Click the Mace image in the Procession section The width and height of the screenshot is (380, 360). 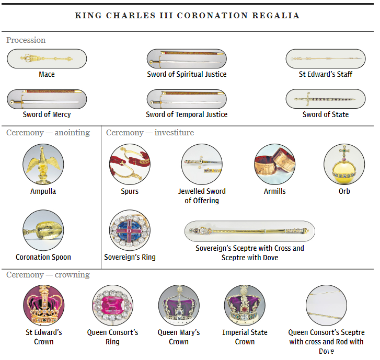(x=47, y=59)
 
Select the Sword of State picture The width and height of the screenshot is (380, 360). (x=326, y=99)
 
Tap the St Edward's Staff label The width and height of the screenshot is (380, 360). (x=326, y=74)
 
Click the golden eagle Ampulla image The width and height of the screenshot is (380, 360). (x=43, y=164)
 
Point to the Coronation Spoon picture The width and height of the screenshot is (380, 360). (x=43, y=230)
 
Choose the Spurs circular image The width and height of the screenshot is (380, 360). (x=130, y=164)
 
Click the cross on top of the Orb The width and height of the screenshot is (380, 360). (x=344, y=151)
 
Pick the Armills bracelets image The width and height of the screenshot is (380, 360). (x=274, y=164)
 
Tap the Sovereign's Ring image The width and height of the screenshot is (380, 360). (x=130, y=230)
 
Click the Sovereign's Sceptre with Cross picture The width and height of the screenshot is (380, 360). (x=250, y=231)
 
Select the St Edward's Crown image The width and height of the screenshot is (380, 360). (x=43, y=305)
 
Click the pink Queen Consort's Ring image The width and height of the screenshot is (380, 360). (x=112, y=305)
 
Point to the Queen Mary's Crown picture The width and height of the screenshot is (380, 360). (x=179, y=305)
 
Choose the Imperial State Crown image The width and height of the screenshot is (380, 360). (x=245, y=305)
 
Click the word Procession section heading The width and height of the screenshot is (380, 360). (x=26, y=40)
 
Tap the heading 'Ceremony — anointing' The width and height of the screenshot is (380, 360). (x=48, y=133)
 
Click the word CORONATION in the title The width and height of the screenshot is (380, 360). (x=213, y=16)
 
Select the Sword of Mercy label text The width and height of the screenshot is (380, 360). (x=47, y=114)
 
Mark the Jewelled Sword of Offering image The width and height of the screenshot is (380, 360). (x=202, y=164)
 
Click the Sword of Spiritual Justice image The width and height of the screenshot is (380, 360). (x=187, y=59)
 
